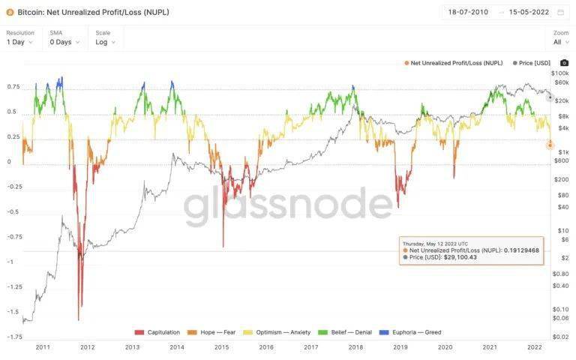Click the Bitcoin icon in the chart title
tap(10, 13)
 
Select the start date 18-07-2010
tap(467, 13)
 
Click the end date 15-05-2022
tap(529, 13)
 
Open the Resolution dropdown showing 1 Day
tap(20, 42)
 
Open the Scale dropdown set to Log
tap(106, 42)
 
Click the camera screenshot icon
tap(564, 63)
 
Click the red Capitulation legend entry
tap(159, 331)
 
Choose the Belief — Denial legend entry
tap(357, 331)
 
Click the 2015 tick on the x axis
tap(221, 347)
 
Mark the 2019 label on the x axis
tap(400, 347)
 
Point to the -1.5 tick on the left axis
tap(13, 311)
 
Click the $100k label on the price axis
tap(559, 73)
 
